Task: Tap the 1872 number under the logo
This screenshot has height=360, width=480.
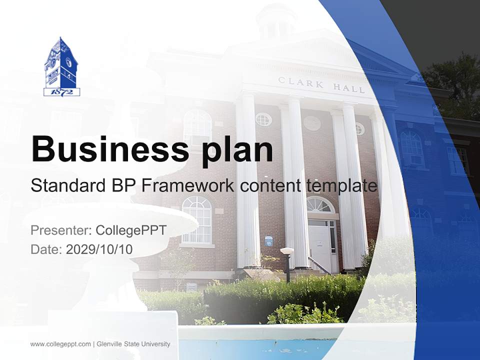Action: [x=61, y=92]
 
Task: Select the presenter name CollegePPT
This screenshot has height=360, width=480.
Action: [x=131, y=230]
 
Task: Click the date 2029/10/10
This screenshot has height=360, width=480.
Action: [x=99, y=249]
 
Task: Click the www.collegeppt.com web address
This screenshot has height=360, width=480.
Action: [x=60, y=344]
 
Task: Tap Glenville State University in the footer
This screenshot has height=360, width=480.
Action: [x=133, y=344]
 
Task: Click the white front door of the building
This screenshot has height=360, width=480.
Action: [x=318, y=245]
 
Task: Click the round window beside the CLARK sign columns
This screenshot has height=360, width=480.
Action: [x=263, y=119]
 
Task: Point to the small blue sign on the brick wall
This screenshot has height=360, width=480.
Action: [x=268, y=240]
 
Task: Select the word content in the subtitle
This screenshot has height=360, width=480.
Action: [x=270, y=186]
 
